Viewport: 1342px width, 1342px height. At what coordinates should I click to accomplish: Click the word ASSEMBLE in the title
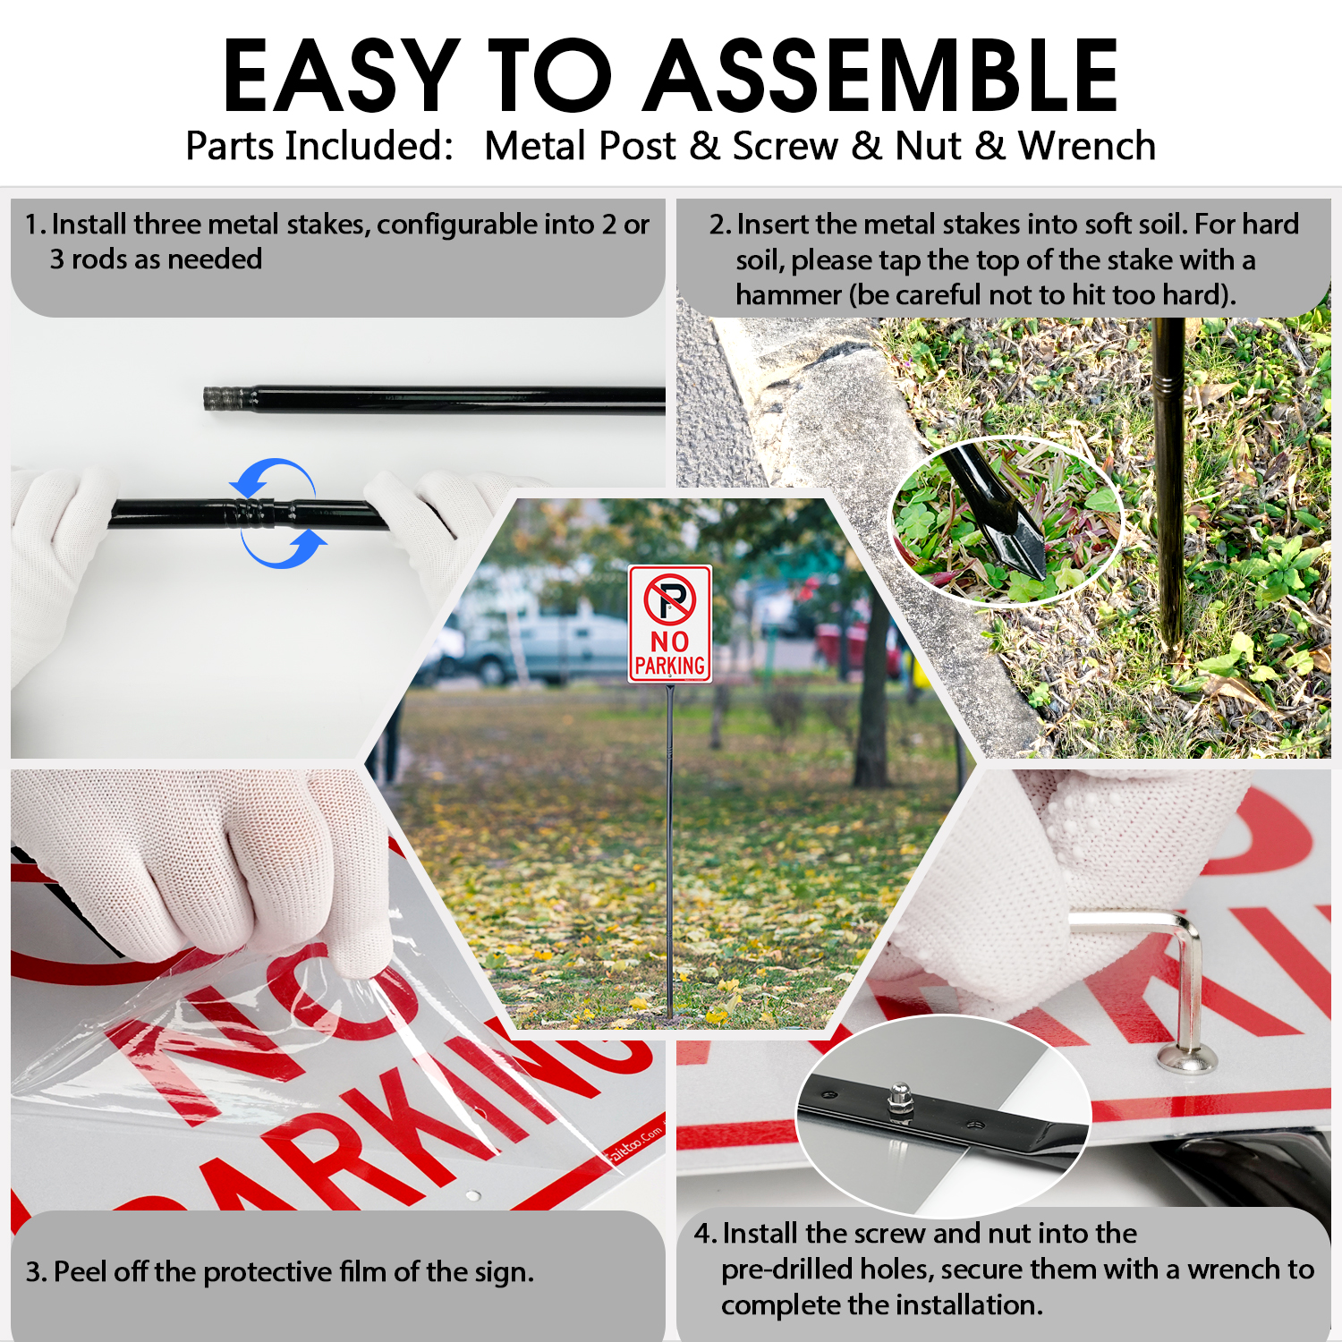[881, 76]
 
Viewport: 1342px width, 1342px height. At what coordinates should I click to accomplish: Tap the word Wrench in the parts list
[1087, 146]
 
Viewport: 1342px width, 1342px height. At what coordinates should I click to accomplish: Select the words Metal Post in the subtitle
[580, 146]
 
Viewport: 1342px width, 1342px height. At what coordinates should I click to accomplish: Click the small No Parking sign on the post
[669, 624]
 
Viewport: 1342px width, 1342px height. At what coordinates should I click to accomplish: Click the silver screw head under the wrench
[1187, 1060]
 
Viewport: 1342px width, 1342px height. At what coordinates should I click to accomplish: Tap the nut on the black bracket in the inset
[899, 1099]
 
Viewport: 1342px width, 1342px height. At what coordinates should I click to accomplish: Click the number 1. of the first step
[36, 225]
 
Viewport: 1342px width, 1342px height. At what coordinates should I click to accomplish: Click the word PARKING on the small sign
[670, 666]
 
